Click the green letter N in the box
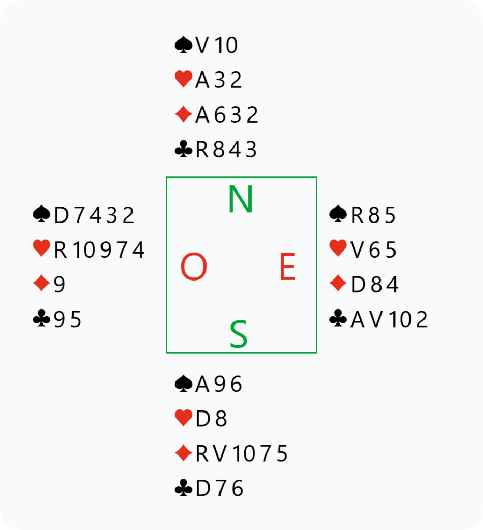(240, 199)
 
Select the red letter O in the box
(194, 267)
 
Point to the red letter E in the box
(288, 267)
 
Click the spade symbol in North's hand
(184, 45)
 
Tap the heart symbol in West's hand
(41, 248)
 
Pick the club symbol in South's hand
(184, 488)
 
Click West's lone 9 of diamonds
(59, 285)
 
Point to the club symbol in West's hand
(41, 318)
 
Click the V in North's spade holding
(202, 45)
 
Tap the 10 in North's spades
(226, 46)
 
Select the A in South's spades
(202, 385)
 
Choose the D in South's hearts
(203, 419)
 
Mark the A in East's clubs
(358, 319)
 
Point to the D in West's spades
(61, 215)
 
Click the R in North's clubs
(202, 150)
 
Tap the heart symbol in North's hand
(184, 80)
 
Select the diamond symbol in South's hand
(184, 453)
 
